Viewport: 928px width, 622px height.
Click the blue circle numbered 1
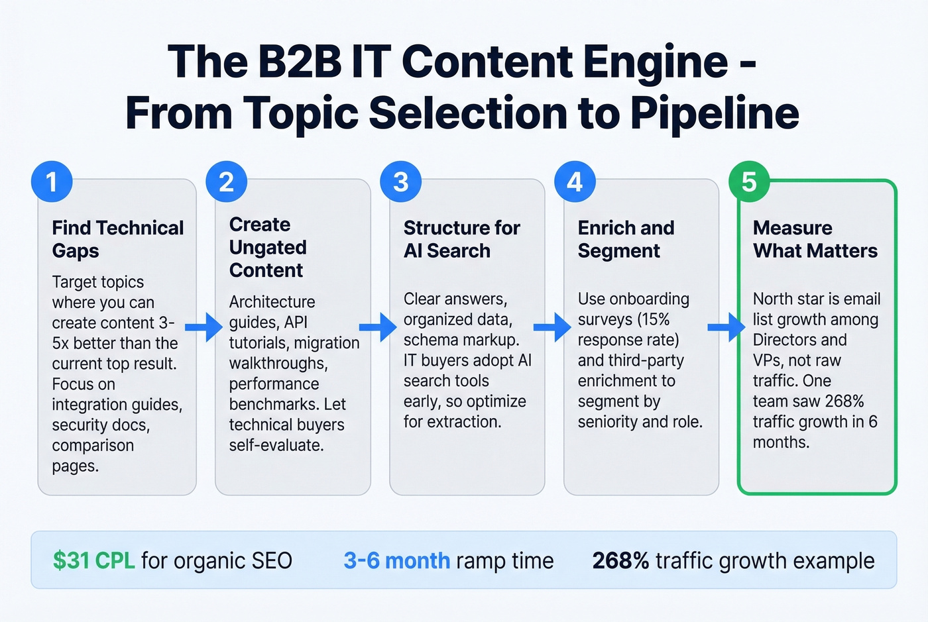(x=52, y=181)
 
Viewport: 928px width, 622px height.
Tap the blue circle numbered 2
(x=226, y=181)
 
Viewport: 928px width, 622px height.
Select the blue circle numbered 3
(x=400, y=181)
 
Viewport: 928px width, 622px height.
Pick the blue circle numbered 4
(x=575, y=181)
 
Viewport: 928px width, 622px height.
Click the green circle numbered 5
(x=749, y=181)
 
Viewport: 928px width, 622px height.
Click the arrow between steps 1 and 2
(x=203, y=327)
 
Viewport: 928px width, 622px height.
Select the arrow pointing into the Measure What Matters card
(x=726, y=327)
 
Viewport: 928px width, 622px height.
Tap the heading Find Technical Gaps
(x=118, y=239)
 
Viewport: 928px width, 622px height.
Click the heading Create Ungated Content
(x=268, y=247)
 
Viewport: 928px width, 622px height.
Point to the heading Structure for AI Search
(x=461, y=239)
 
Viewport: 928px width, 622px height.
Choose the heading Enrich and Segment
(x=626, y=239)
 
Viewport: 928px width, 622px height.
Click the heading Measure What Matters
(x=815, y=239)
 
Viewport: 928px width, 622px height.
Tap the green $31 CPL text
(x=93, y=560)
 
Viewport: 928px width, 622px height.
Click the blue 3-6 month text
(x=396, y=560)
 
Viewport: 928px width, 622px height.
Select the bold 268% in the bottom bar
(x=620, y=560)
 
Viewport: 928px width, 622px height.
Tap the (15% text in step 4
(x=654, y=319)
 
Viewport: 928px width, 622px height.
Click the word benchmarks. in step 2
(x=274, y=404)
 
